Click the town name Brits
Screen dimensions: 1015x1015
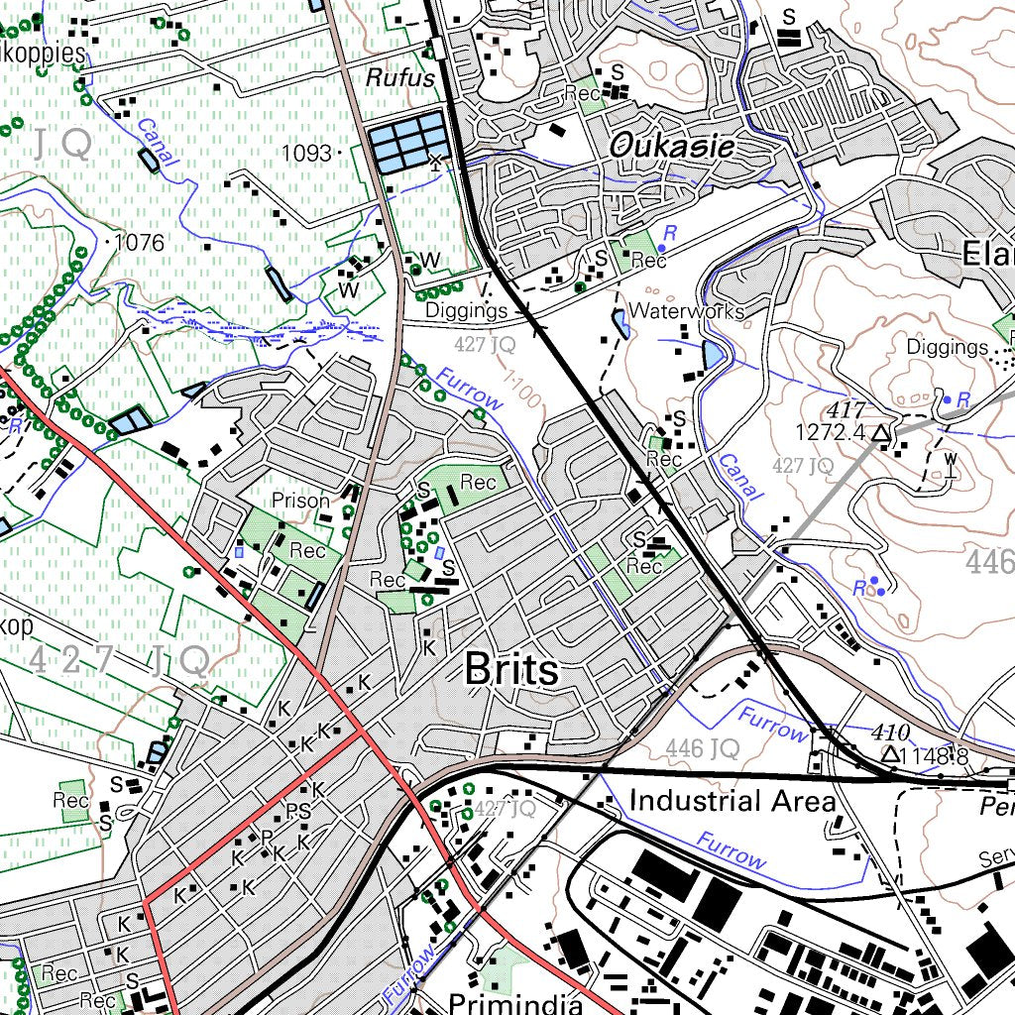click(511, 671)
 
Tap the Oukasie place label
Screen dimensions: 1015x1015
click(672, 148)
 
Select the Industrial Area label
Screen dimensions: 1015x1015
click(733, 800)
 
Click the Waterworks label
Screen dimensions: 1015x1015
click(686, 311)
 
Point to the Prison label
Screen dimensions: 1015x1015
click(300, 501)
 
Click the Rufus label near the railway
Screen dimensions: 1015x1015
click(400, 77)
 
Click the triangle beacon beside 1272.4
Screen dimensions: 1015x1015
click(880, 432)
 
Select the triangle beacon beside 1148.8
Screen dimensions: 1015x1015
click(891, 755)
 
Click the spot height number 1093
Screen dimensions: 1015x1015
click(306, 153)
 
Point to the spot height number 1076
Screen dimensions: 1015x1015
click(139, 243)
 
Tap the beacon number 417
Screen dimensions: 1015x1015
click(849, 410)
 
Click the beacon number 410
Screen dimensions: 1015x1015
click(891, 733)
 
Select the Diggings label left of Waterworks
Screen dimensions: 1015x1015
click(466, 311)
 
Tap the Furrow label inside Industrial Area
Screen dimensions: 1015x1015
click(731, 850)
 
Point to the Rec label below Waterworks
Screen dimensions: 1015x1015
click(663, 460)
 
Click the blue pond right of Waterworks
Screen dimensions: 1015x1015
click(713, 354)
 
